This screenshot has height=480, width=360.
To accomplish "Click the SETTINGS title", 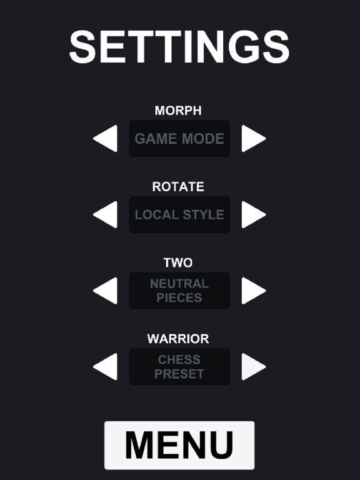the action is click(179, 47).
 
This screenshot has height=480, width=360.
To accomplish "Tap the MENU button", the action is click(179, 445).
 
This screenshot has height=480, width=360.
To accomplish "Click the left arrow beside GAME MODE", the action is click(105, 138).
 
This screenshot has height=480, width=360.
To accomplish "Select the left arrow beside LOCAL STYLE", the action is click(105, 214).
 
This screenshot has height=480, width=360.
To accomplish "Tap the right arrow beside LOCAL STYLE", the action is click(254, 214).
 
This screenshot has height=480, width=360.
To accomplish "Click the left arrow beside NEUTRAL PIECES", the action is click(105, 291).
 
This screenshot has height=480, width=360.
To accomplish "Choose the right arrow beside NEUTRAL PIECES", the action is click(254, 291).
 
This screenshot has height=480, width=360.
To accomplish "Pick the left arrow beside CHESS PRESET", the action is click(105, 366).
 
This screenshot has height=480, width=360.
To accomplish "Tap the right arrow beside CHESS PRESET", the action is click(254, 366).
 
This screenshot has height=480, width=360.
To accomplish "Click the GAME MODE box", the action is click(179, 138).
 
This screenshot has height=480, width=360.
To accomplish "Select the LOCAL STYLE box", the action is click(179, 214).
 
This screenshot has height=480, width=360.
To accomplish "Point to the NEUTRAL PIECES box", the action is click(179, 291).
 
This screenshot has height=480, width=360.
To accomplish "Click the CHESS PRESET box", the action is click(179, 366).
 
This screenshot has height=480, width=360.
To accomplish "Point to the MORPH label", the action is click(178, 111).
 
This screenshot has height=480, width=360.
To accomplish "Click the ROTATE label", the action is click(178, 187).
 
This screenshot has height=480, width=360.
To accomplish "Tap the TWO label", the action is click(178, 262).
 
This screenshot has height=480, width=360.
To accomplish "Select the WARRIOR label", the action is click(178, 339).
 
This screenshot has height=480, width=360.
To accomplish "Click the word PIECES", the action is click(179, 297).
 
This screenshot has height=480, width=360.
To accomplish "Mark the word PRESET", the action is click(179, 374).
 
